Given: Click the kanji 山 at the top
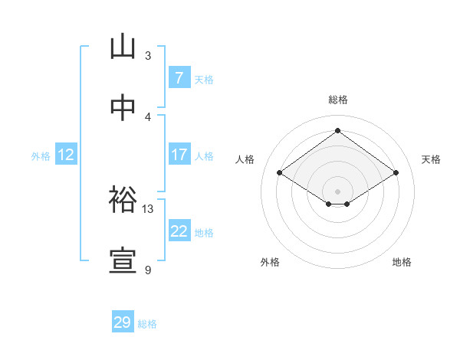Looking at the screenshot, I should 123,47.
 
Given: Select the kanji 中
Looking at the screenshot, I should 123,108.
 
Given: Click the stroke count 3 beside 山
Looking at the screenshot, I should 148,56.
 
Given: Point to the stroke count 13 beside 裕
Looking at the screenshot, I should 148,208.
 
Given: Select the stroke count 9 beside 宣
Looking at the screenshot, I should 148,270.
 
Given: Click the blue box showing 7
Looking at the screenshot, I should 179,78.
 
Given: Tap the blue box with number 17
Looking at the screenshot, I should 179,155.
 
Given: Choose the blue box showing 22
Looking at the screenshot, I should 179,231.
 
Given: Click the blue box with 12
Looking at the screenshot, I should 66,155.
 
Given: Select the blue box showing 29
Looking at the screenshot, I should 122,322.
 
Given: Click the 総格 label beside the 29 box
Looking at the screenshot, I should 147,324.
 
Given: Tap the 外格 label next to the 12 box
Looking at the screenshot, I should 41,156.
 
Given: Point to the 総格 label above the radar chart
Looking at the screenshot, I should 338,100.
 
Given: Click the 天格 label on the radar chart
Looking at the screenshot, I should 432,159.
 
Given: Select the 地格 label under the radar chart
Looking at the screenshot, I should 402,262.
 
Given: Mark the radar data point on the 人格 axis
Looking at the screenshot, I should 280,173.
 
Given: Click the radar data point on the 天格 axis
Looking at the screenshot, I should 396,173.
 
